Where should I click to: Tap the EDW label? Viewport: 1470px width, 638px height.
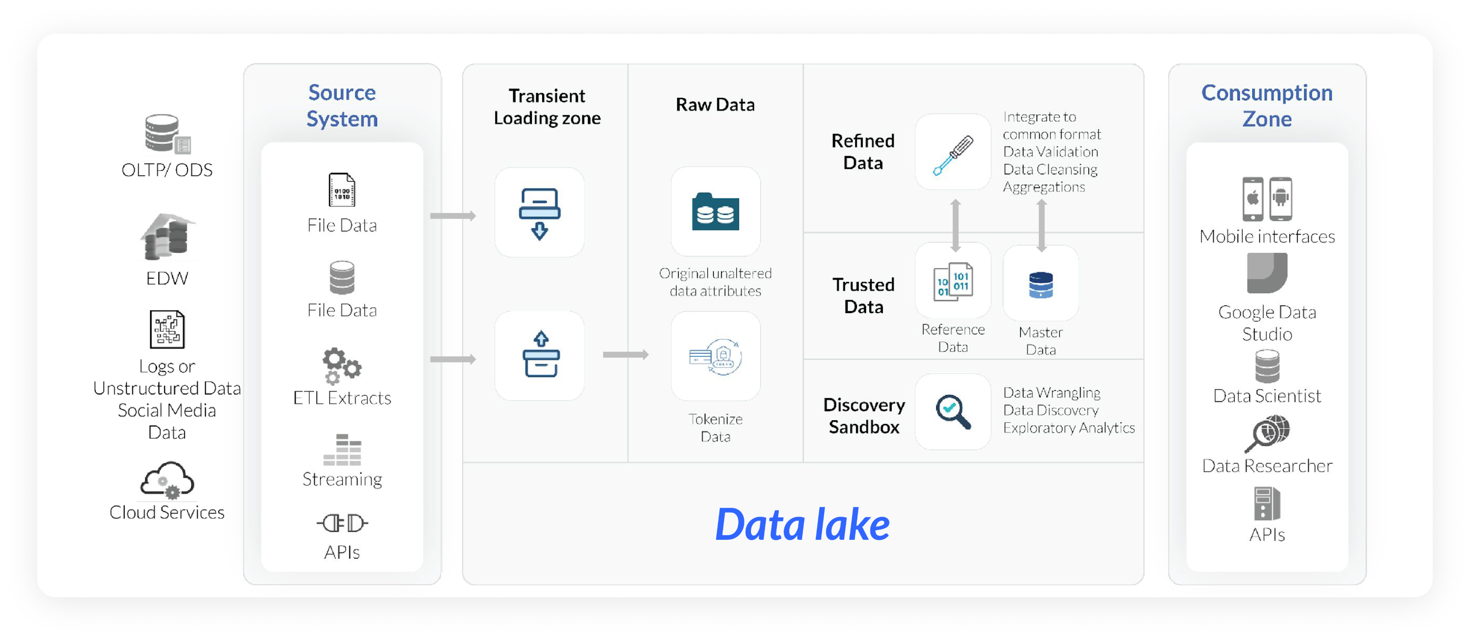(x=167, y=278)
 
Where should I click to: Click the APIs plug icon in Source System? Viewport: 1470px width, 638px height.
(x=342, y=523)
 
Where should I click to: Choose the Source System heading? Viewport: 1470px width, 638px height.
(x=342, y=106)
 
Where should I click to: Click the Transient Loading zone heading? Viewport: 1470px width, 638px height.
(x=547, y=107)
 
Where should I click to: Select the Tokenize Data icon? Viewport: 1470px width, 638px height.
(x=715, y=357)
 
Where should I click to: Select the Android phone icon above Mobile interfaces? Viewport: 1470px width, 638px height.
(x=1280, y=199)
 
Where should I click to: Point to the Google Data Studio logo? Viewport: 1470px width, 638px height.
(x=1267, y=273)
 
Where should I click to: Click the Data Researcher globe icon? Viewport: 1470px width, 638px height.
(x=1268, y=434)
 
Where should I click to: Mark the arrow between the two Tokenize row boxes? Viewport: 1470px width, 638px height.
(x=625, y=355)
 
